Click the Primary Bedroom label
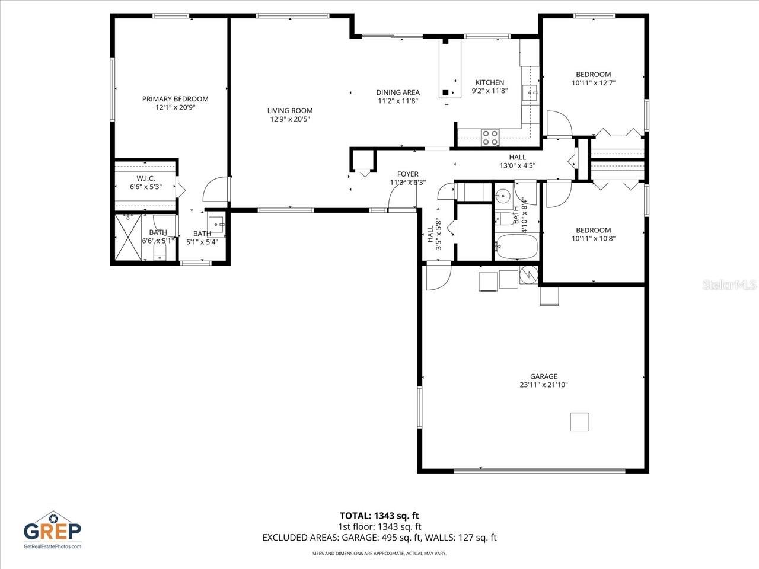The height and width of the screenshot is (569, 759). pyautogui.click(x=175, y=99)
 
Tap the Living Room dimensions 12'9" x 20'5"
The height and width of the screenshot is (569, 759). pyautogui.click(x=290, y=119)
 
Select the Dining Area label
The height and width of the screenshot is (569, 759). pyautogui.click(x=398, y=92)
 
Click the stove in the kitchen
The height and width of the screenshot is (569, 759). pyautogui.click(x=490, y=138)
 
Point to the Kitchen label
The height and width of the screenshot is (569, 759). pyautogui.click(x=490, y=82)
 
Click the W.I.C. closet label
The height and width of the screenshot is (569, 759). pyautogui.click(x=146, y=178)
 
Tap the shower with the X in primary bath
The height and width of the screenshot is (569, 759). pyautogui.click(x=127, y=237)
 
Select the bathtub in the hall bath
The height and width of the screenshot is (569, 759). pyautogui.click(x=516, y=247)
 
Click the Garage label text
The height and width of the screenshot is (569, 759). pyautogui.click(x=544, y=376)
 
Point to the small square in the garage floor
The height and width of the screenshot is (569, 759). pyautogui.click(x=579, y=421)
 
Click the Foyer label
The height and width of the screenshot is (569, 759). pyautogui.click(x=408, y=174)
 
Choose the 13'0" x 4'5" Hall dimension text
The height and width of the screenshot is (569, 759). pyautogui.click(x=517, y=166)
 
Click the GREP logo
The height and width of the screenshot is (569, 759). pyautogui.click(x=52, y=529)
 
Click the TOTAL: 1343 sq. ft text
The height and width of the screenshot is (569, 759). pyautogui.click(x=379, y=516)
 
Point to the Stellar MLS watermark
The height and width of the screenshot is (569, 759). pyautogui.click(x=729, y=285)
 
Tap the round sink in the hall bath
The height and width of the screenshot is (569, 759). pyautogui.click(x=503, y=196)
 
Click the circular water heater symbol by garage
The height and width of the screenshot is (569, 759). pyautogui.click(x=529, y=274)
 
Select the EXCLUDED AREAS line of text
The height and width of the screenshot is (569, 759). pyautogui.click(x=379, y=538)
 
